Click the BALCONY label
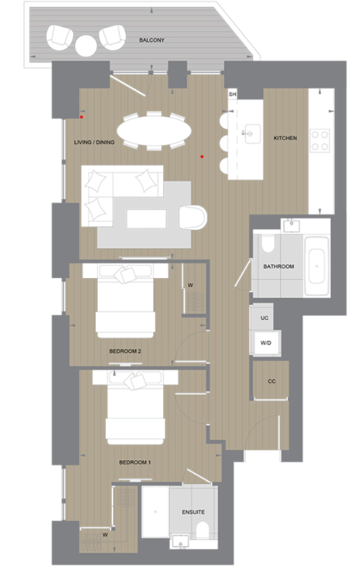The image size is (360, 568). click(152, 40)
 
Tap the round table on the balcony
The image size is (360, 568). click(86, 44)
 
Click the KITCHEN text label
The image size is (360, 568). click(285, 138)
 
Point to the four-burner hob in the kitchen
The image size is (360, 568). click(320, 139)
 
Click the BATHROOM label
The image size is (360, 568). click(279, 267)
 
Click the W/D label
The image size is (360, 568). click(265, 343)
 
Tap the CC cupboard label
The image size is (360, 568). click(272, 381)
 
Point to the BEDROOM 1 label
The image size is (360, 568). click(135, 462)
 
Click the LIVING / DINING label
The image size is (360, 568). click(95, 142)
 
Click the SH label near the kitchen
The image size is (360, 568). click(232, 95)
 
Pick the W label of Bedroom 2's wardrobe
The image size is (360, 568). click(190, 286)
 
